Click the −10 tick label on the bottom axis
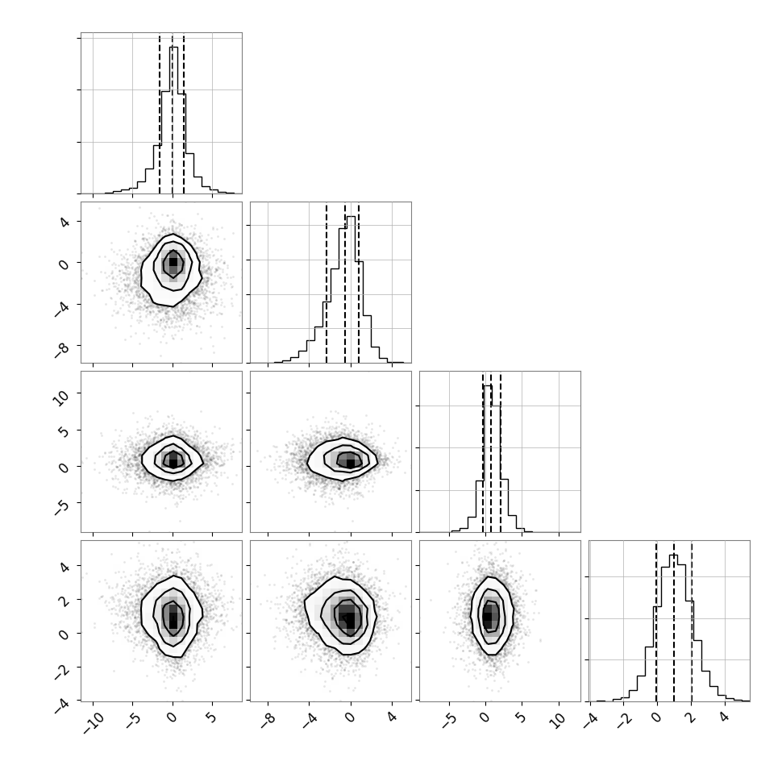[94, 722]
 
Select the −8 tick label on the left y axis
[62, 350]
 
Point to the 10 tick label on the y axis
[60, 397]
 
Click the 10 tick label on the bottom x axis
[559, 720]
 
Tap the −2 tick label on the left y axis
[62, 672]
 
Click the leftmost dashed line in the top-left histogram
[160, 114]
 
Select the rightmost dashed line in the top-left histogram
[184, 114]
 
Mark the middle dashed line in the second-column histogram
[344, 283]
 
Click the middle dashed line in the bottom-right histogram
[674, 621]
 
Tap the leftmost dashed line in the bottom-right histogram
[656, 621]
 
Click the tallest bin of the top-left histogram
[173, 120]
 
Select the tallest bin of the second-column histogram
[351, 289]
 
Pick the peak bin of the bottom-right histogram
[674, 627]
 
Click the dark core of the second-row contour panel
[173, 261]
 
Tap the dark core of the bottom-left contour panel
[173, 619]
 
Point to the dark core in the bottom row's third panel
[488, 616]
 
